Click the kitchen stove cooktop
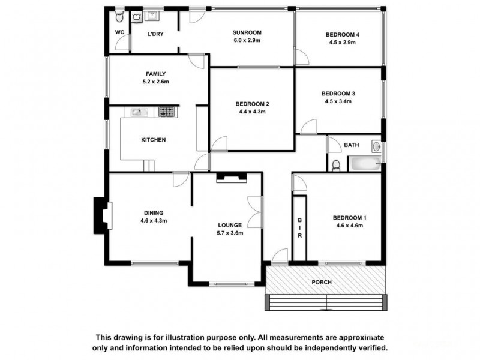coord(166,112)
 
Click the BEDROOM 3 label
coord(338,93)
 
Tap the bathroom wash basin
coord(377,146)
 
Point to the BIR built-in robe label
coord(299,227)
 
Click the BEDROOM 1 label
coord(349,217)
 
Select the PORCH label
coord(321,282)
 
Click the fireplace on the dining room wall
coord(101,216)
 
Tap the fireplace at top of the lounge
coord(231,177)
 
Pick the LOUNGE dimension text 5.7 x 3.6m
coord(230,233)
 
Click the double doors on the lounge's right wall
coord(257,212)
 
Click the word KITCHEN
coord(153,140)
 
